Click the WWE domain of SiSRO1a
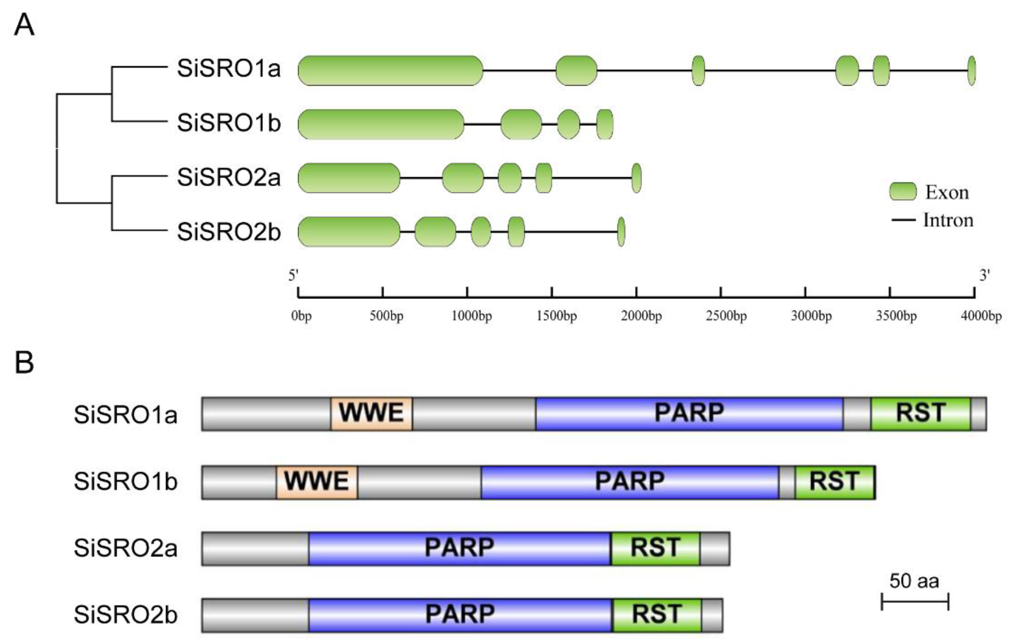372,414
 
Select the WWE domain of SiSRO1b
317,482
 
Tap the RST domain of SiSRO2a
655,548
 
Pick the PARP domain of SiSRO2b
460,615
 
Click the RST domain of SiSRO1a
921,414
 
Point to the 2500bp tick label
727,316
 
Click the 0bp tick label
301,316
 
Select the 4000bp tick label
981,316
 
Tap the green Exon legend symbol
903,192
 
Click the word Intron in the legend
948,220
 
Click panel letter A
24,25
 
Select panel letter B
24,362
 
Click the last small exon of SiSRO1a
971,71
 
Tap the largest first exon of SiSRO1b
381,124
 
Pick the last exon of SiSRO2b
621,232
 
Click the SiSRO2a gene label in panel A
229,178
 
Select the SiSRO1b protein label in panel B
126,482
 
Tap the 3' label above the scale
984,276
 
